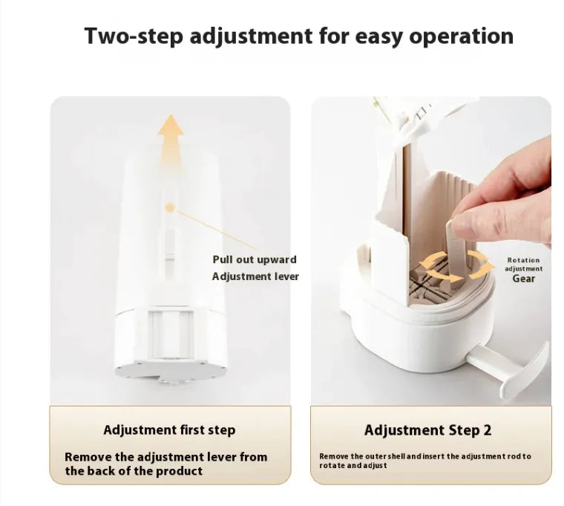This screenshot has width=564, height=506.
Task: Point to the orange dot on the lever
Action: pyautogui.click(x=170, y=209)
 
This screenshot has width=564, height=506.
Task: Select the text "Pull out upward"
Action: pyautogui.click(x=255, y=259)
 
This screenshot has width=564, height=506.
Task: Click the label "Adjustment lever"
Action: pyautogui.click(x=255, y=276)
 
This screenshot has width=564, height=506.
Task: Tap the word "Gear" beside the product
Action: pyautogui.click(x=524, y=279)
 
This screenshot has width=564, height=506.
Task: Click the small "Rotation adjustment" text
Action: pyautogui.click(x=524, y=265)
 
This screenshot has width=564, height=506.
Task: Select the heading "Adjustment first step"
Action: pyautogui.click(x=169, y=429)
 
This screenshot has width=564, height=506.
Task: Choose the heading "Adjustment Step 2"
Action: pyautogui.click(x=427, y=430)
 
